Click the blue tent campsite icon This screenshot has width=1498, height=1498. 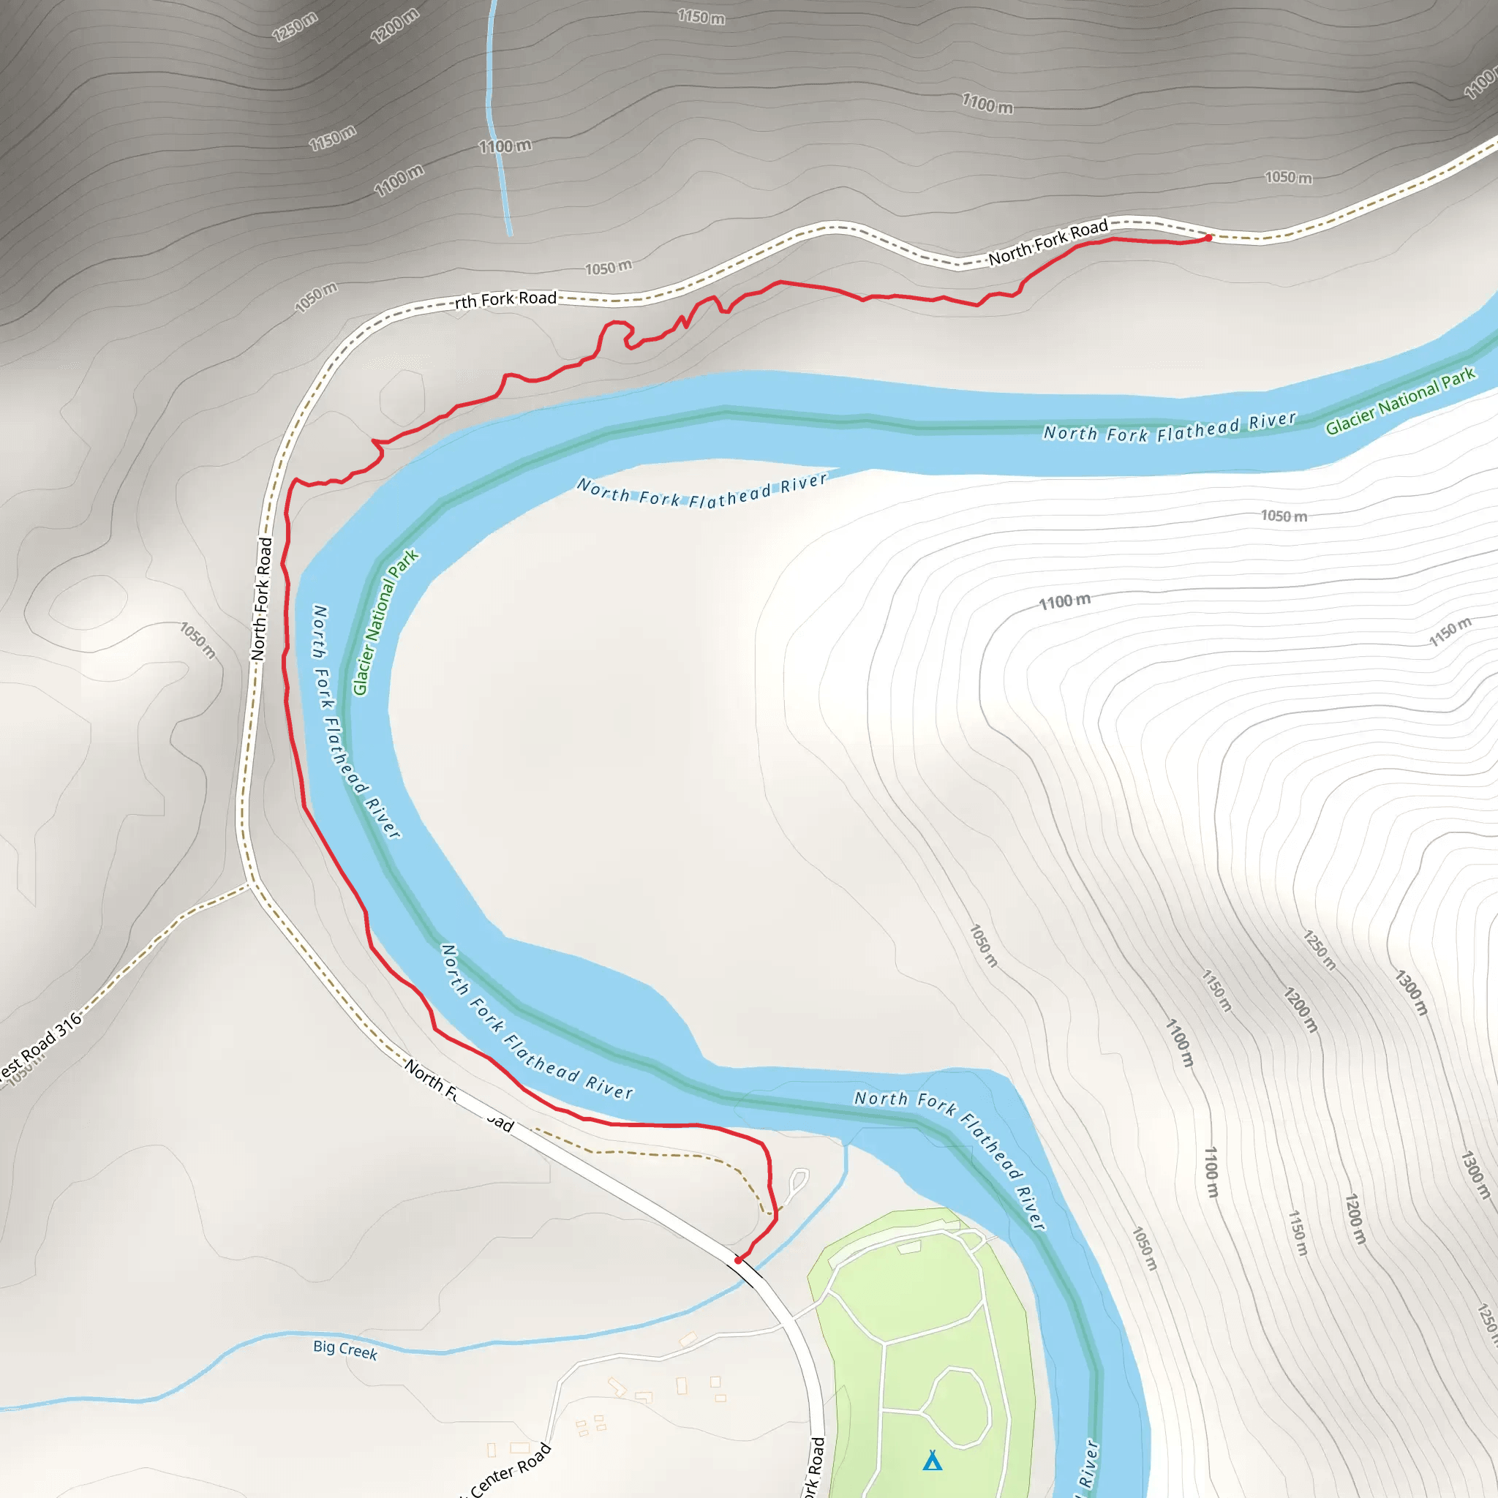(932, 1461)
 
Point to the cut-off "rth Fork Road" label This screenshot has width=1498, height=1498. (505, 299)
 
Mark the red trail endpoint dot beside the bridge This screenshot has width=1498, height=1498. (738, 1261)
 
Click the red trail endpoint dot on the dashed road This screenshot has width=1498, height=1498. (1208, 238)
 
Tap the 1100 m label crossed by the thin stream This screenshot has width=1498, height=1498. (505, 146)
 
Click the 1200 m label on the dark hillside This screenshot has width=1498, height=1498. (395, 26)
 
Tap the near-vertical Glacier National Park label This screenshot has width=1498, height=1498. (385, 622)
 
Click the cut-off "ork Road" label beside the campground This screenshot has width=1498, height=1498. (813, 1465)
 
